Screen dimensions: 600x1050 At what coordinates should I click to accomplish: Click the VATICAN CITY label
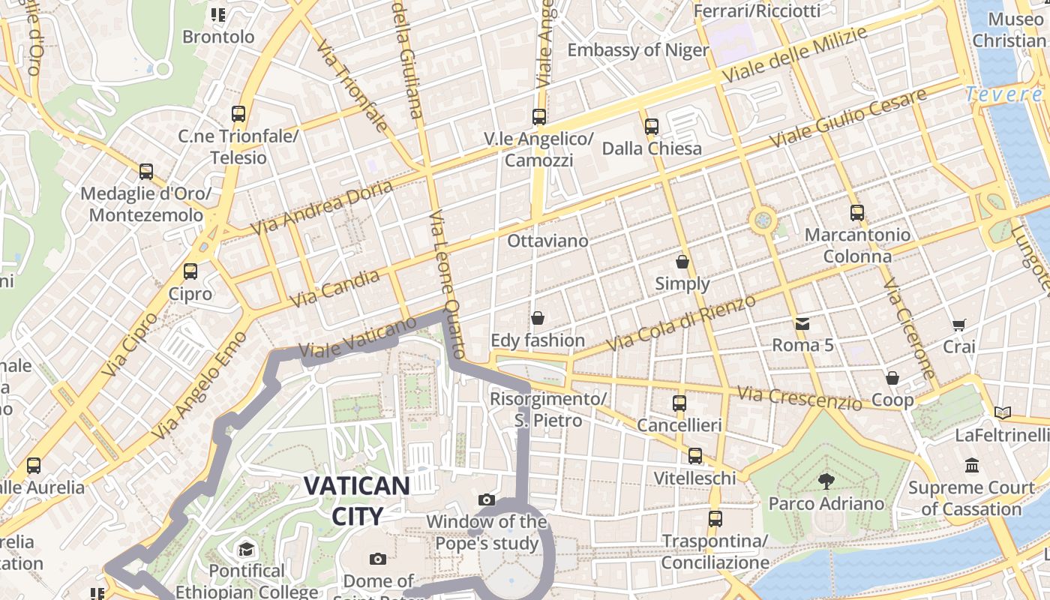click(x=356, y=500)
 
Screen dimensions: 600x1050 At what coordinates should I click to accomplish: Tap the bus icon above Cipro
click(x=190, y=271)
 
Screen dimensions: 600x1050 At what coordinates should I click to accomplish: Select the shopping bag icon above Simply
click(x=682, y=262)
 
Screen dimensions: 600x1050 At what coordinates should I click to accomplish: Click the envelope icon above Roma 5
click(x=802, y=324)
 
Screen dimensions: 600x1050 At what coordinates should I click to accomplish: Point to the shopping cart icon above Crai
click(x=958, y=325)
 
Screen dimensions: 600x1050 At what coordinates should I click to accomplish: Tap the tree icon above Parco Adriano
click(x=826, y=481)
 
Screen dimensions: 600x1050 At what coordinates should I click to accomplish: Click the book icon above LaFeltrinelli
click(x=1002, y=412)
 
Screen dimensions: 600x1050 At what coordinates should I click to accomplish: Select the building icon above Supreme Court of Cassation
click(x=972, y=466)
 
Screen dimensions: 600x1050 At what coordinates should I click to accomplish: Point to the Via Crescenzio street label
click(x=799, y=398)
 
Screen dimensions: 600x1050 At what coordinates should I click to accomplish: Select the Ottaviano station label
click(x=547, y=241)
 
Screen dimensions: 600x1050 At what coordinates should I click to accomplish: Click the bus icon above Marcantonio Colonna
click(x=857, y=213)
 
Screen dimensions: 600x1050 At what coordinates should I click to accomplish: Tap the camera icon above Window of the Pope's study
click(x=487, y=499)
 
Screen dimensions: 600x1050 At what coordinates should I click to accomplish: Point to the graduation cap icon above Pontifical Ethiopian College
click(x=246, y=550)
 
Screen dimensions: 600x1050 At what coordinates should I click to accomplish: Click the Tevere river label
click(x=1003, y=94)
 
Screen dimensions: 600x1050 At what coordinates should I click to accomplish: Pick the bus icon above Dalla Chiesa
click(x=651, y=127)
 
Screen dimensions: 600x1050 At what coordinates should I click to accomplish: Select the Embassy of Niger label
click(x=637, y=50)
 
